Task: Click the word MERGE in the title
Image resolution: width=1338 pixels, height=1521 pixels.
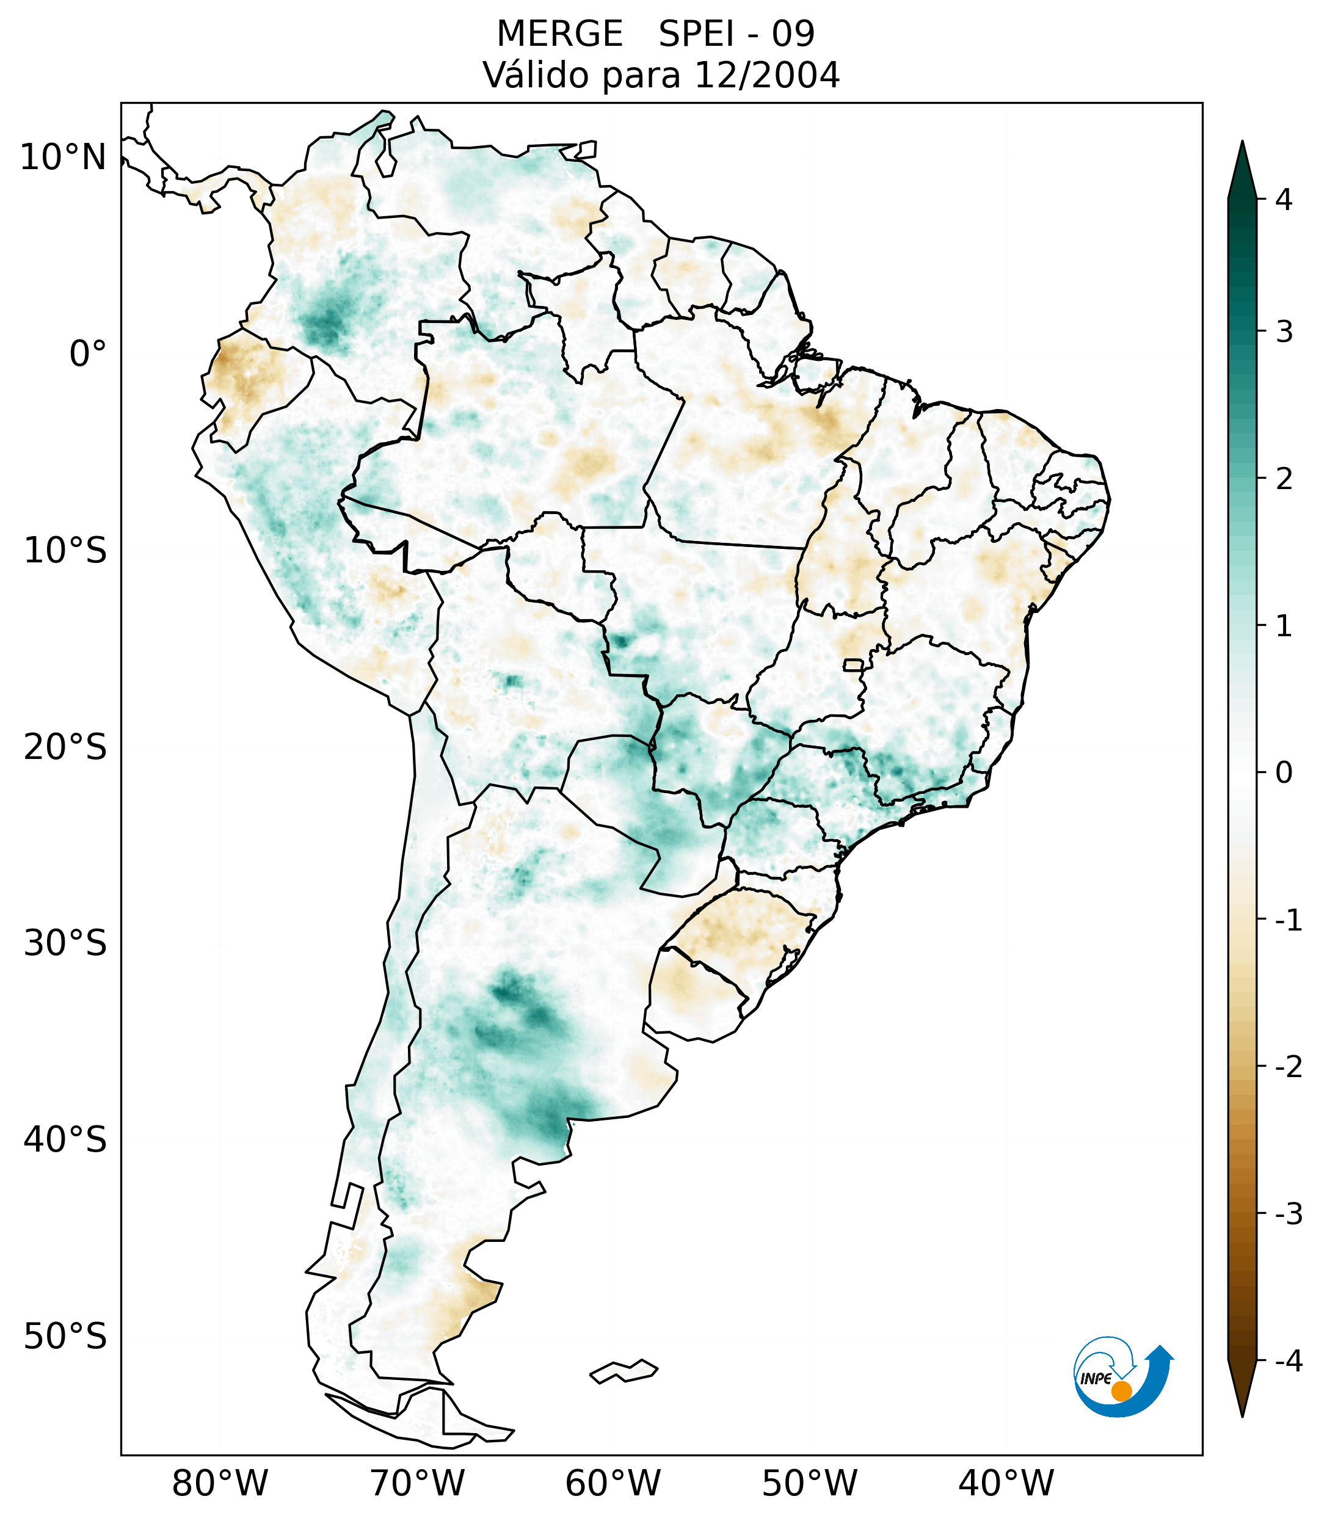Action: (x=559, y=34)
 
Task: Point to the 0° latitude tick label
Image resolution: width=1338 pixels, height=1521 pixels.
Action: (x=88, y=354)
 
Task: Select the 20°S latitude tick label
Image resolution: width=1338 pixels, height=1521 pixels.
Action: (x=65, y=747)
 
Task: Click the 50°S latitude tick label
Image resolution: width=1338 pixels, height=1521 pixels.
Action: (x=65, y=1337)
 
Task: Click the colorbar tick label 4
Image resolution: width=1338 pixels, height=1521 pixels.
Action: (x=1284, y=200)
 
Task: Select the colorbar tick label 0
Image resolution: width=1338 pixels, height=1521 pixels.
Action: (x=1284, y=773)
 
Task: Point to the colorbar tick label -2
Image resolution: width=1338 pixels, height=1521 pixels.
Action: (x=1288, y=1068)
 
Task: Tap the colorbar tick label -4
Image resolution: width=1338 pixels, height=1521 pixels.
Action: (x=1288, y=1362)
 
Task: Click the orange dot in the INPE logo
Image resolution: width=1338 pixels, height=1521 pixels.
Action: (x=1121, y=1391)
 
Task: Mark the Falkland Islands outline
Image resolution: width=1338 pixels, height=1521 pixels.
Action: (x=624, y=1371)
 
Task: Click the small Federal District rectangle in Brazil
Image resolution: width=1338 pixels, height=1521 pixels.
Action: (x=854, y=664)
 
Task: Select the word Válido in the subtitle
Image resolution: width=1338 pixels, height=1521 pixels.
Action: (x=535, y=75)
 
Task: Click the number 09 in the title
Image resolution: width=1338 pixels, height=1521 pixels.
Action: (x=793, y=34)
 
